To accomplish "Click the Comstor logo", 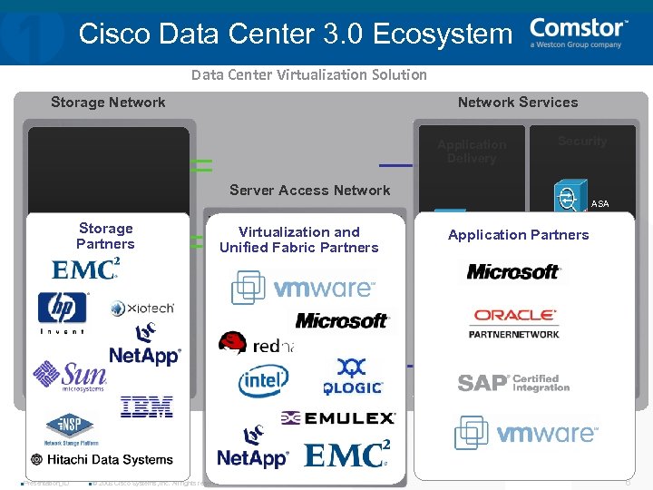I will (x=578, y=33).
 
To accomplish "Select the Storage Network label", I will (x=108, y=103).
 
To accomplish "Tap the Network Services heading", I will (x=517, y=103).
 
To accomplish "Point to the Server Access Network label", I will (x=309, y=190).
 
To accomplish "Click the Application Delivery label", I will (x=472, y=152).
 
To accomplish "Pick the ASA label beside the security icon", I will (x=599, y=204).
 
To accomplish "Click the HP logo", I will (x=63, y=309).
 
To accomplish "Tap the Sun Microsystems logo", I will (x=69, y=376).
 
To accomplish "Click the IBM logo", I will (x=146, y=407).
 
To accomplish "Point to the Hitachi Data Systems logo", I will (x=102, y=460).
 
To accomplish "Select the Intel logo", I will (x=264, y=382).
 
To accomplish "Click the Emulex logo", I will (x=338, y=418).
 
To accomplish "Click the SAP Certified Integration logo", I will (x=513, y=383).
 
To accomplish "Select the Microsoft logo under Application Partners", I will (x=513, y=271).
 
